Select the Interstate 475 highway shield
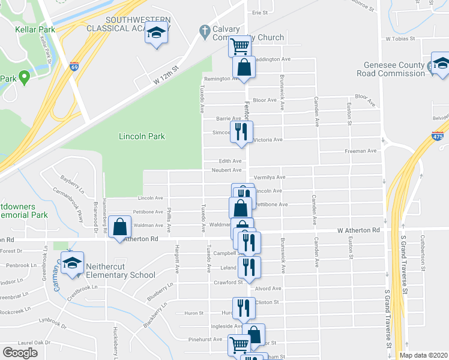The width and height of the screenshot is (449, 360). point(438,137)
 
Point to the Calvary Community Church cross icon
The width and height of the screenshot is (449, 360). point(204,30)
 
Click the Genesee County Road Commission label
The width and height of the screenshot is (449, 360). point(394,69)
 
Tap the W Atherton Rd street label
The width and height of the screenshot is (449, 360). point(358,230)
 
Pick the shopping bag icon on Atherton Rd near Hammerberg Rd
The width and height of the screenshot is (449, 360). point(120,227)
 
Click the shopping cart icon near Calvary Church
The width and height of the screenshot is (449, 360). point(240,45)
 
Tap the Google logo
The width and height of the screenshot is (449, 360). point(20,352)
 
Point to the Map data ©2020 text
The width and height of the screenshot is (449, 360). point(423,355)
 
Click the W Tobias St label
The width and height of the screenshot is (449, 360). point(401,38)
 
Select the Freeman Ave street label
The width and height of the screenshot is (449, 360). point(360,151)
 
